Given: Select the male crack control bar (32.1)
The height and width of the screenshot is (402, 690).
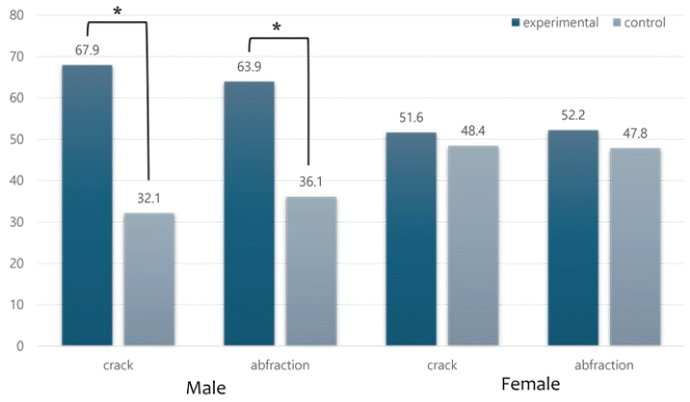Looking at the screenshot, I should point(149,279).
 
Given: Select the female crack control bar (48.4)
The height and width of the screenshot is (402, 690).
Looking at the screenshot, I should point(472,245).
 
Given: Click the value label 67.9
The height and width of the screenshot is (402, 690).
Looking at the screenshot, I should point(88,49).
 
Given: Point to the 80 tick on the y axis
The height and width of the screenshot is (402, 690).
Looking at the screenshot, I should point(22,15).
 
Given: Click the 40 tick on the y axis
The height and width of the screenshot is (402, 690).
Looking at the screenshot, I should point(22,180).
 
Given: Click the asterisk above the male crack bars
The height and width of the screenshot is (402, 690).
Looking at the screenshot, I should point(117,12).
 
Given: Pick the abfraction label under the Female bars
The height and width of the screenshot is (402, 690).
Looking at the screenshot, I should point(602,365).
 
